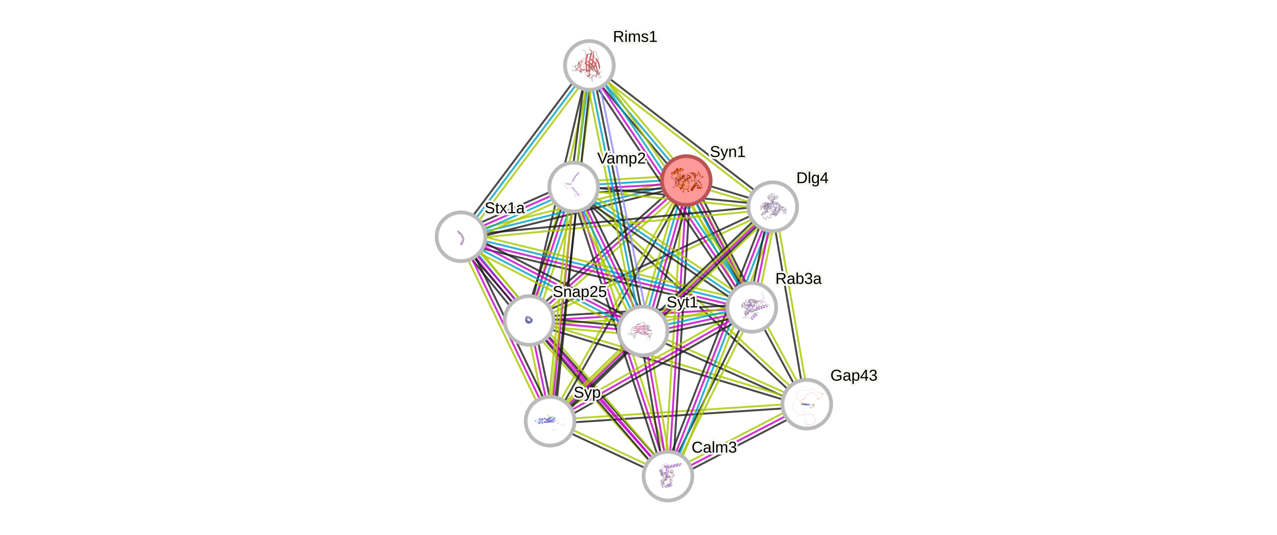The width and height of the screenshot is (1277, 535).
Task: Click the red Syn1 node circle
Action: [686, 180]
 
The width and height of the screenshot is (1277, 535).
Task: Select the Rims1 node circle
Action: [589, 65]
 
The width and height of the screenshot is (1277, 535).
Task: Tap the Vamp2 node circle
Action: [574, 186]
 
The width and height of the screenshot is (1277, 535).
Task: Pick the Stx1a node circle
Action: [461, 236]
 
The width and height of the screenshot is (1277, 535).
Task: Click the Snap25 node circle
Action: [529, 320]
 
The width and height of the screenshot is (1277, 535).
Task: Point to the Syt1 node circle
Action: [643, 330]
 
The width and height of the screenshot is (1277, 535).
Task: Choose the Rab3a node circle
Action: [752, 307]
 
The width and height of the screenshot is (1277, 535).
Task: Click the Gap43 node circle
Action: [807, 404]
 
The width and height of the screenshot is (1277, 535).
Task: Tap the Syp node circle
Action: [550, 421]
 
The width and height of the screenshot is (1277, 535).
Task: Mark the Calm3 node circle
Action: [668, 476]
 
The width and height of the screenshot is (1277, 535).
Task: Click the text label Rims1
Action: [635, 36]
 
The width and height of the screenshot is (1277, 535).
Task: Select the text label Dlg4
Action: [812, 178]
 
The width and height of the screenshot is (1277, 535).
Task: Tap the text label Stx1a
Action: [504, 208]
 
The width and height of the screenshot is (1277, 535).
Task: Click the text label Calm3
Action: [714, 447]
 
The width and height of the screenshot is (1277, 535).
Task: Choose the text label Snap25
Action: [580, 292]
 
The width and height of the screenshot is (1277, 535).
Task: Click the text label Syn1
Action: [727, 152]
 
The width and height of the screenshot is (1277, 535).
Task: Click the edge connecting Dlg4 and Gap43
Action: [791, 307]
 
